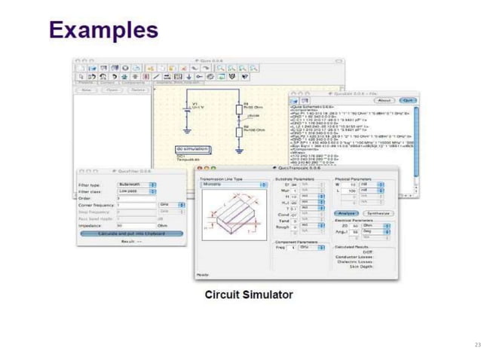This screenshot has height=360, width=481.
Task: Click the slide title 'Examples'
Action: pos(103,30)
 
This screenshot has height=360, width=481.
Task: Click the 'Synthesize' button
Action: pos(375,214)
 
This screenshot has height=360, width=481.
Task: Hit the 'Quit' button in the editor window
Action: pos(408,99)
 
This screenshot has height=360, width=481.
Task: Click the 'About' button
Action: pos(384,99)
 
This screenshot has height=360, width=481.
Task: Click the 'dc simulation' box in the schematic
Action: pos(192,149)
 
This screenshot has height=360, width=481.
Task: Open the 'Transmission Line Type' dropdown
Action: pos(232,184)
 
